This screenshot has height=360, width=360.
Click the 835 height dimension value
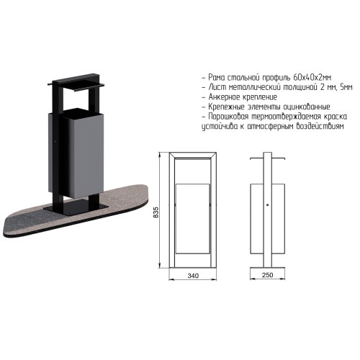156,212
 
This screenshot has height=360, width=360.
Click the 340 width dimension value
193,276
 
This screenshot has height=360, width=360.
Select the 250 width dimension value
268,275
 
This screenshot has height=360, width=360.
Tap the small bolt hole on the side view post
267,204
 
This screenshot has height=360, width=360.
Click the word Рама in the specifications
217,78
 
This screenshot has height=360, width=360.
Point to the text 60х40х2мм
312,78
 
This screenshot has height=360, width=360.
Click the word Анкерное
225,97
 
